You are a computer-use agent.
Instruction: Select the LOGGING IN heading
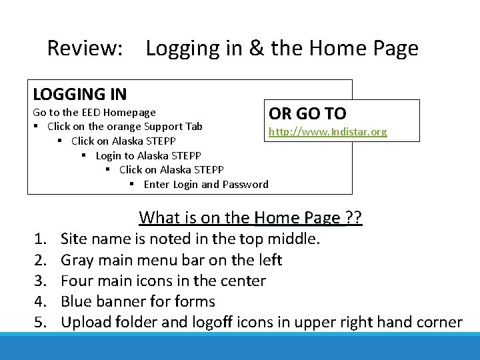tap(80, 95)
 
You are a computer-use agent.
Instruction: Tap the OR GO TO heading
tap(307, 114)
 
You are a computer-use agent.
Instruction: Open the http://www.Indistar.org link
tap(327, 132)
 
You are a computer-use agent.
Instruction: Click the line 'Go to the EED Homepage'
tap(94, 112)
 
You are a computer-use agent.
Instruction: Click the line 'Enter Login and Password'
tap(205, 185)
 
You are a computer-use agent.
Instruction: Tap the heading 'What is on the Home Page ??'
tap(250, 218)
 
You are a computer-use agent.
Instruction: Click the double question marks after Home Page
tap(355, 218)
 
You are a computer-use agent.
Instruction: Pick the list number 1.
tap(39, 239)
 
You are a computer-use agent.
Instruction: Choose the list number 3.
tap(39, 281)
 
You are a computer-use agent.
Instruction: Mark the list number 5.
tap(39, 323)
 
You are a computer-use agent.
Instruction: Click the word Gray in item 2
tap(77, 260)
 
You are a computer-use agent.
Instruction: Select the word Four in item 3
tap(76, 281)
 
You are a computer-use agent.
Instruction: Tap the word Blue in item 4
tap(75, 302)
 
